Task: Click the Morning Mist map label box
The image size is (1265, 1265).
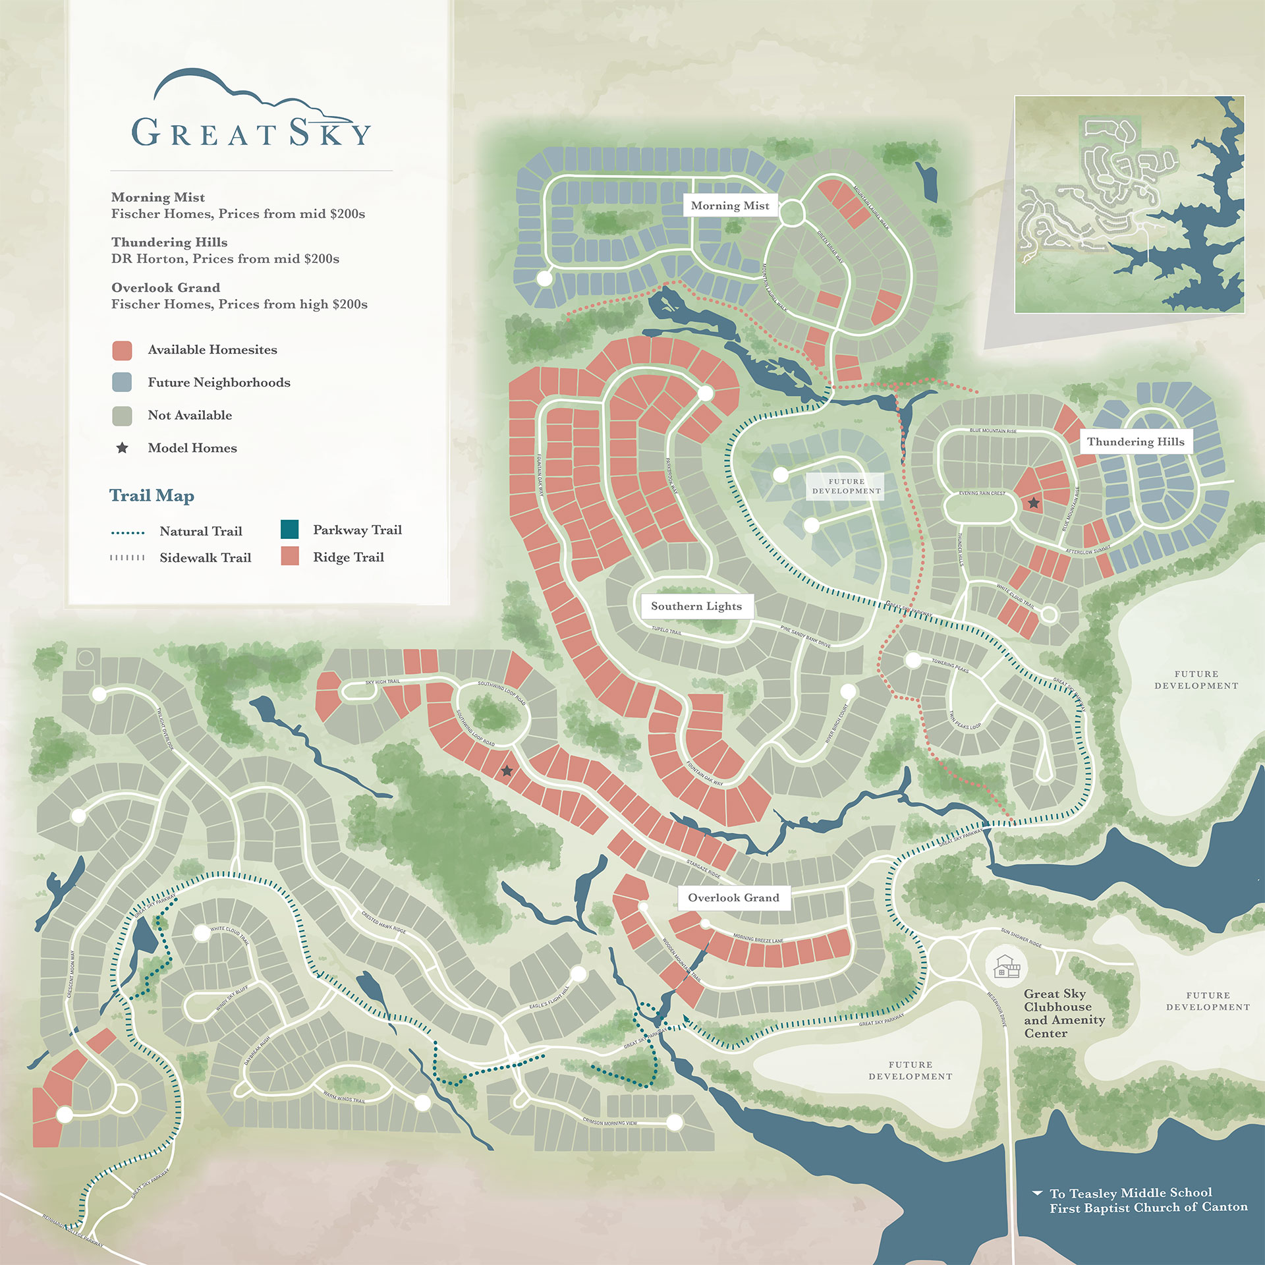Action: [x=730, y=206]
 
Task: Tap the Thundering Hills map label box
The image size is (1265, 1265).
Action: [x=1135, y=441]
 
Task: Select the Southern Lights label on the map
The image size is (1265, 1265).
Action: [x=696, y=606]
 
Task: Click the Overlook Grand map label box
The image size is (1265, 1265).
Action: [x=733, y=897]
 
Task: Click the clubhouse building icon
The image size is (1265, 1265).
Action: [x=1007, y=967]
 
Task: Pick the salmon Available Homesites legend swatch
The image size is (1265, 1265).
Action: [x=122, y=351]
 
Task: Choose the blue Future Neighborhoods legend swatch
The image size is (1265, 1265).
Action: [x=122, y=383]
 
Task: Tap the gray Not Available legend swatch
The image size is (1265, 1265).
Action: [x=122, y=416]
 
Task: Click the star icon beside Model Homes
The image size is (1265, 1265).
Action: [x=122, y=448]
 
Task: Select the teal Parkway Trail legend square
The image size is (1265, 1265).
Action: [x=289, y=529]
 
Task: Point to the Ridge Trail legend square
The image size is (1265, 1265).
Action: [x=289, y=556]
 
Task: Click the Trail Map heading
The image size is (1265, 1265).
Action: [x=152, y=495]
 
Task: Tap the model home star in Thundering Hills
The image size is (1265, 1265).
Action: [x=1034, y=503]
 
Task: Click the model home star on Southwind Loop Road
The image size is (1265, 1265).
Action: [x=507, y=770]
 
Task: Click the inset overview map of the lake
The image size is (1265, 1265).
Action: [x=1129, y=204]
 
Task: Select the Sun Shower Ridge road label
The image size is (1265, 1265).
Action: [x=1021, y=938]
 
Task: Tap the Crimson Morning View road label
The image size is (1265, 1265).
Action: [x=609, y=1122]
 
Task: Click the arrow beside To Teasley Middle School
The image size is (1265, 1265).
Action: [x=1037, y=1193]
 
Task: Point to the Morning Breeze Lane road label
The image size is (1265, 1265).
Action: [x=758, y=938]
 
